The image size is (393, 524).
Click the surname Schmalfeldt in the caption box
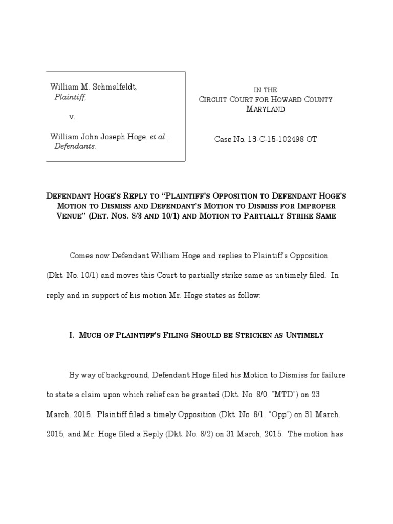tap(114, 88)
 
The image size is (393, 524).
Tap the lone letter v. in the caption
tap(72, 117)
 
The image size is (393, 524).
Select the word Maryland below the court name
tap(266, 109)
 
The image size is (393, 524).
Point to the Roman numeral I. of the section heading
tap(72, 335)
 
